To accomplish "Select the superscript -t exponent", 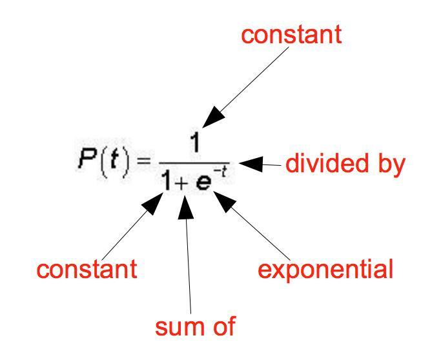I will tap(221, 173).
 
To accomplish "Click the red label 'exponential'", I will tap(325, 268).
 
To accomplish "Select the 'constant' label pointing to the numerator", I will tap(291, 34).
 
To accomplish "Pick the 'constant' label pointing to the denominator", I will tap(87, 268).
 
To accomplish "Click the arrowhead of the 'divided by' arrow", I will tap(250, 165).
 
